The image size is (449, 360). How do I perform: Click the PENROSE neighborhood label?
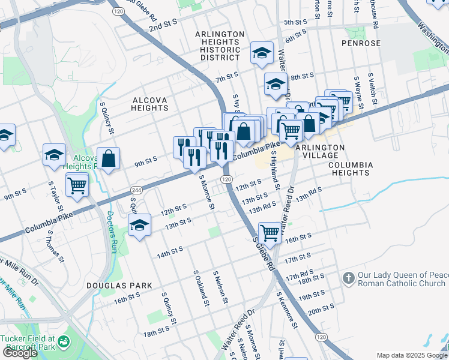(x=361, y=43)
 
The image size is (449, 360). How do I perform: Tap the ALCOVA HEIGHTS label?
(x=149, y=103)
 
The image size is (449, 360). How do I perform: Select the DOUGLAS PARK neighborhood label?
(x=119, y=286)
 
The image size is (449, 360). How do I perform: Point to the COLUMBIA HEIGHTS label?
(x=351, y=169)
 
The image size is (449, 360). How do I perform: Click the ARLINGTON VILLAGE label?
(x=319, y=151)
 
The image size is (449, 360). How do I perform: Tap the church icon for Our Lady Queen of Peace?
(x=348, y=278)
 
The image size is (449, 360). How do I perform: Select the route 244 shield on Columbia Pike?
(x=133, y=190)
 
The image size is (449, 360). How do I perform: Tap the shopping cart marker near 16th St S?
(x=270, y=232)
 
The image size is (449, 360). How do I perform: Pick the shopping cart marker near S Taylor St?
(x=77, y=185)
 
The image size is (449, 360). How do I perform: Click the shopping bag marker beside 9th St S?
(x=108, y=159)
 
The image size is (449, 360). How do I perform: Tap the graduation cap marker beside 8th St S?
(x=276, y=83)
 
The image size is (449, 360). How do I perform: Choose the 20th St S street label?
(x=321, y=309)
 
